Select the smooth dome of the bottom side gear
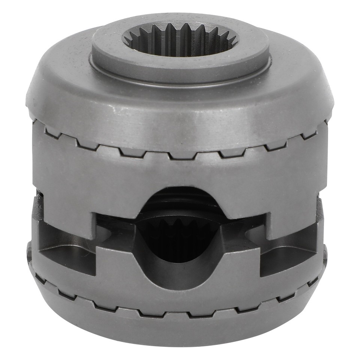[x=180, y=330]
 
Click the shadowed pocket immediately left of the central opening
[x=112, y=229]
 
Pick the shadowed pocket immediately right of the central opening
[x=247, y=229]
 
